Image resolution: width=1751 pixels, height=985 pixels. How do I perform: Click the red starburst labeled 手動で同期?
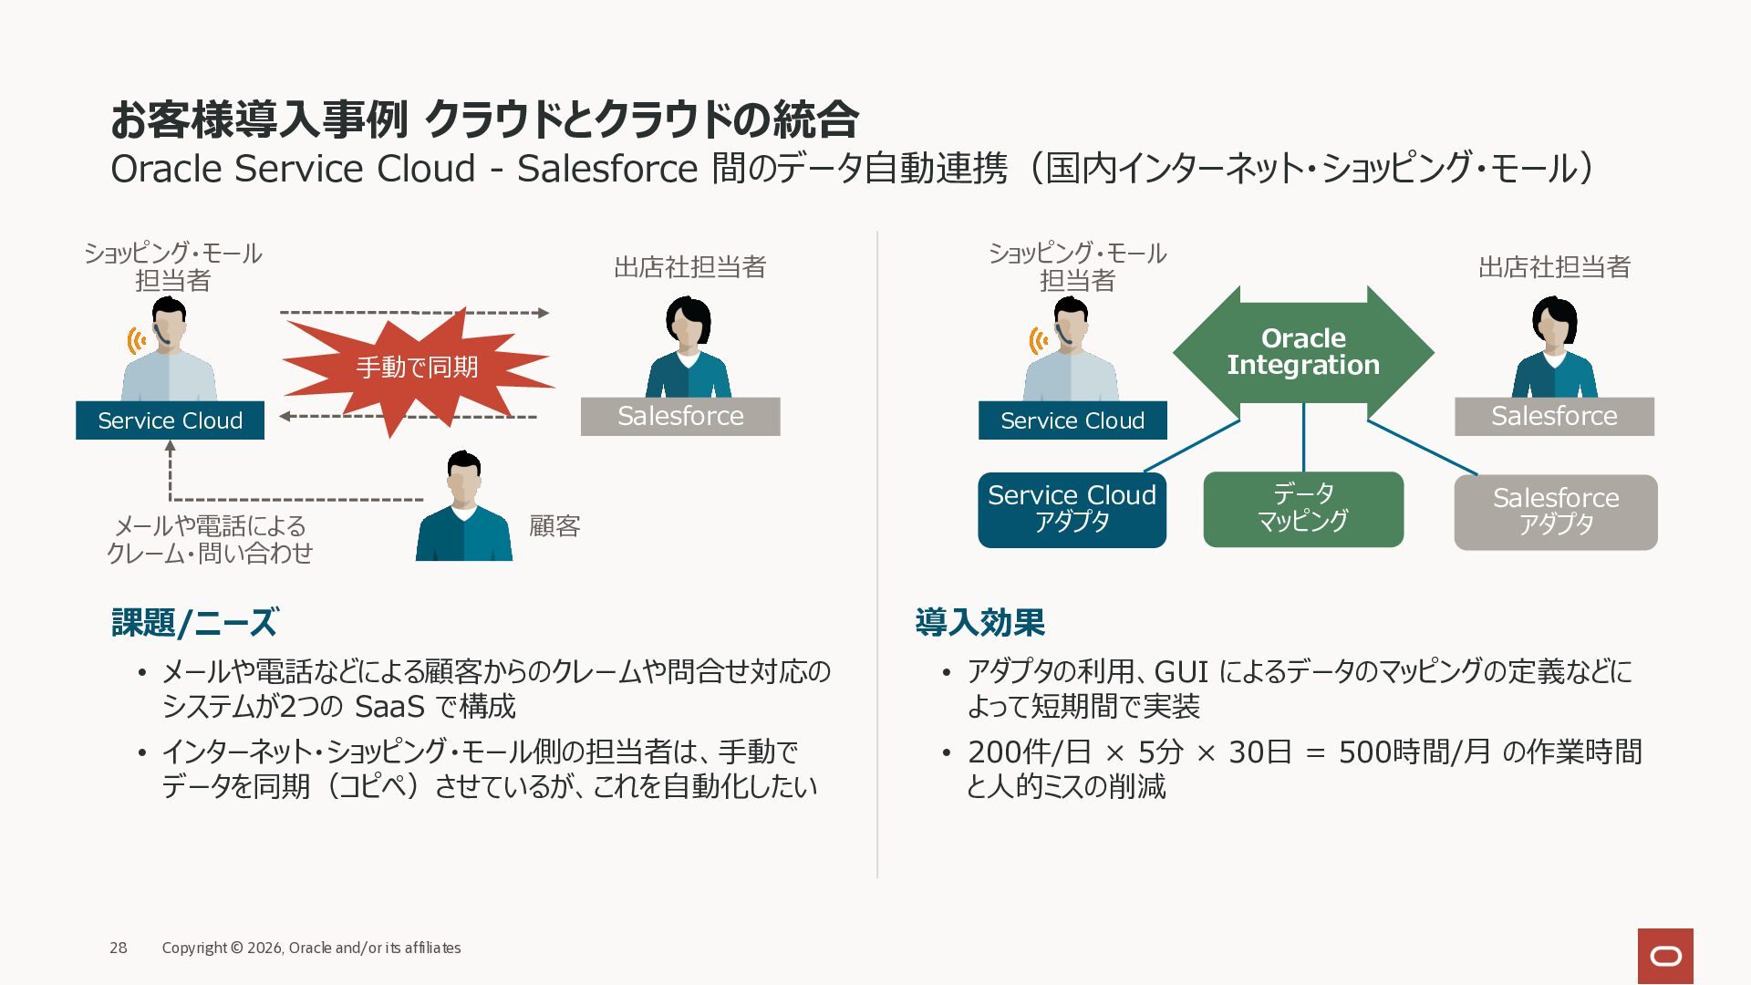click(x=418, y=368)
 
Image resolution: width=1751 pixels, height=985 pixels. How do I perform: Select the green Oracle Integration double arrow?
click(x=1303, y=352)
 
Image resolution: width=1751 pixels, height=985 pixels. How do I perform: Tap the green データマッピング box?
click(x=1303, y=509)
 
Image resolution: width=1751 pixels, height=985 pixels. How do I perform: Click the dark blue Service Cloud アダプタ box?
click(x=1072, y=510)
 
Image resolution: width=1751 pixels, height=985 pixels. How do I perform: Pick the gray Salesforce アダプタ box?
click(x=1556, y=512)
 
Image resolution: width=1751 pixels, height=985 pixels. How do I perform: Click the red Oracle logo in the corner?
click(x=1665, y=956)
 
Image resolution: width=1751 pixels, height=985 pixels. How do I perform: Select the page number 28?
click(x=119, y=948)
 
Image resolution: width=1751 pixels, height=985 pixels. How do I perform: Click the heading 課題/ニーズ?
click(x=194, y=623)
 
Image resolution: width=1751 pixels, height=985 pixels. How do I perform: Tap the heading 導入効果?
click(x=980, y=623)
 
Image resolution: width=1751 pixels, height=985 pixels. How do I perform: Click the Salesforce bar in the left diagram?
click(x=680, y=416)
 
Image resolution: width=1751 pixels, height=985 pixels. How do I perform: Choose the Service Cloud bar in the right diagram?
click(x=1072, y=420)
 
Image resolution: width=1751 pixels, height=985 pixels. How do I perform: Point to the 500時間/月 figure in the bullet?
click(x=1415, y=752)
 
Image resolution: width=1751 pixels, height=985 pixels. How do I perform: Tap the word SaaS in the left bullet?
click(x=389, y=707)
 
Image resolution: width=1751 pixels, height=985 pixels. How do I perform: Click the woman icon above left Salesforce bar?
click(x=689, y=347)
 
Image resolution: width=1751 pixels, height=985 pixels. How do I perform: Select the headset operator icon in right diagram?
click(x=1070, y=349)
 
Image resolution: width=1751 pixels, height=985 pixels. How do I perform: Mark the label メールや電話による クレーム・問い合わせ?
click(x=210, y=539)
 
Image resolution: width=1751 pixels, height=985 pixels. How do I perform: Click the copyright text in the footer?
click(x=311, y=948)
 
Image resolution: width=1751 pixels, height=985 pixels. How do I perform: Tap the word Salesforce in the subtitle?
click(x=607, y=169)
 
